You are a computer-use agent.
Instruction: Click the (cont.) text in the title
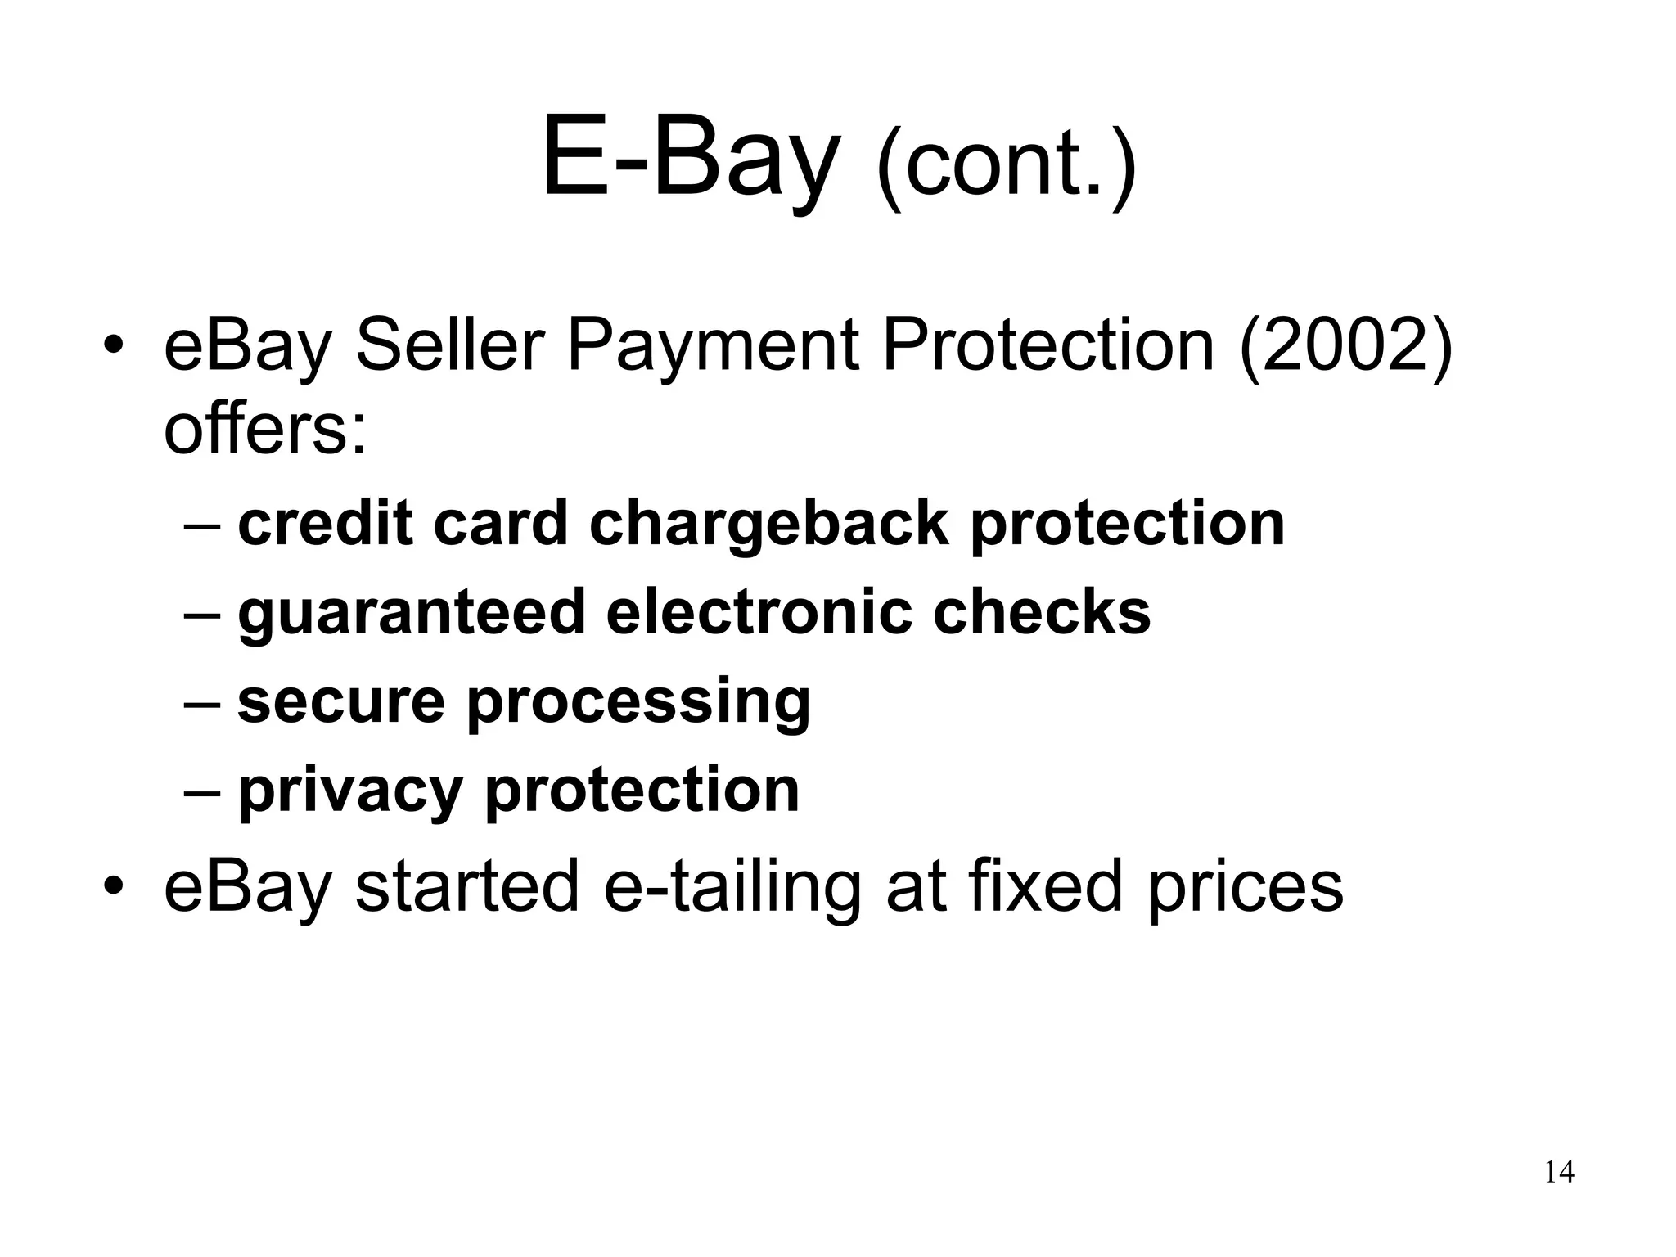point(1006,168)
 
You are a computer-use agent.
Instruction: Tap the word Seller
point(449,346)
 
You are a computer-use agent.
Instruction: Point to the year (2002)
point(1346,346)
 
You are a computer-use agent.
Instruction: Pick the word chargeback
point(768,525)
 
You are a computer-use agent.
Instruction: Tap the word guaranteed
point(412,613)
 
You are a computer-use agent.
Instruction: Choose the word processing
point(638,703)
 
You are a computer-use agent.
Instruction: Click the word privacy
point(350,791)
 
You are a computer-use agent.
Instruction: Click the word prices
point(1245,888)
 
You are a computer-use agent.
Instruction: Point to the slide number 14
point(1559,1173)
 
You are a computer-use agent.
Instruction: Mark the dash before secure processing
point(203,702)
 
